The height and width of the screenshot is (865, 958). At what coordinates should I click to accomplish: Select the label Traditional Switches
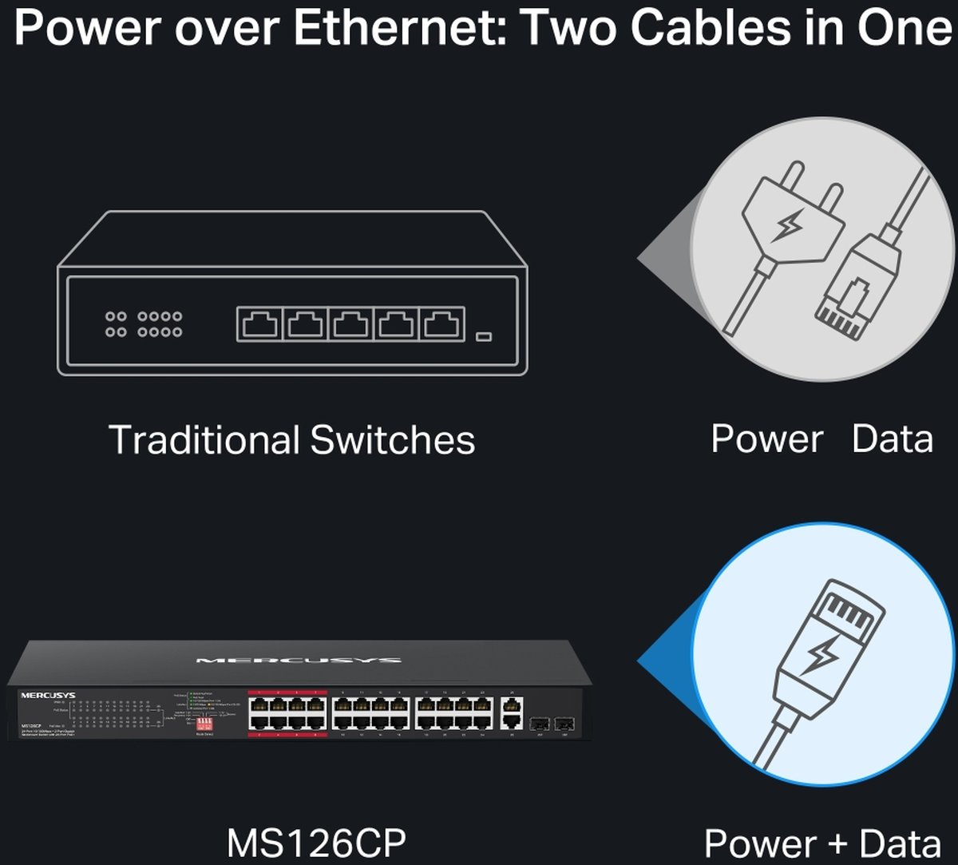coord(291,440)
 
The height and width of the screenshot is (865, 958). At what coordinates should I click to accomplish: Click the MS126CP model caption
coord(317,843)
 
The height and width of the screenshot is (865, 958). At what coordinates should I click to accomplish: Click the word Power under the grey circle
coord(766,439)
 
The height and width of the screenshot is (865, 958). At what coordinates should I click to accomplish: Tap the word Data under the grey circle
coord(893,439)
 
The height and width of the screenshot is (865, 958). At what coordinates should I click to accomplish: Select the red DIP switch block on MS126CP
coord(205,722)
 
